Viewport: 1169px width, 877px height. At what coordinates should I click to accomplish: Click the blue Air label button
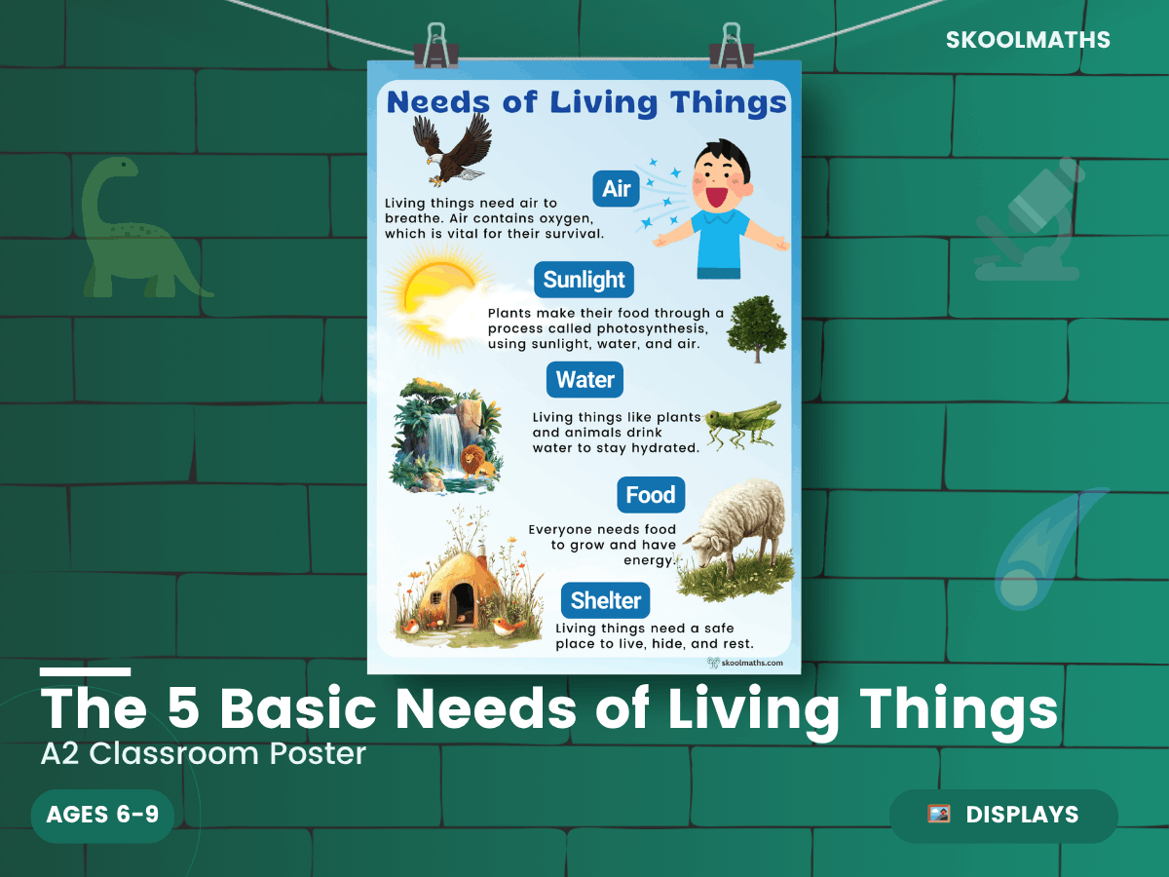click(616, 188)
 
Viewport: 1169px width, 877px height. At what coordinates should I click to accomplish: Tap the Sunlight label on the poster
click(584, 280)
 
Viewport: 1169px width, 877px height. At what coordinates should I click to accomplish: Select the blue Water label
click(584, 380)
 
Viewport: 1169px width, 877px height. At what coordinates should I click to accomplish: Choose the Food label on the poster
click(651, 495)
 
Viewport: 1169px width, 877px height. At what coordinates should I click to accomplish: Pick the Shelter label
click(606, 600)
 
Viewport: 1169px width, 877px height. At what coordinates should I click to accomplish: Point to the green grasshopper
click(743, 425)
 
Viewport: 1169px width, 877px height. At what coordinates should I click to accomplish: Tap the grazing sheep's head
click(702, 548)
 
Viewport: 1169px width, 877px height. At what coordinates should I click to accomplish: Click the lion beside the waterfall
click(476, 461)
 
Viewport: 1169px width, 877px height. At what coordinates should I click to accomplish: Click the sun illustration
click(437, 298)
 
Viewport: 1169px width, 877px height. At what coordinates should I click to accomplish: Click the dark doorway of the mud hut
click(462, 603)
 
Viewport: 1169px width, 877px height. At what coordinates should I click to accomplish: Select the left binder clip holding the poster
click(436, 47)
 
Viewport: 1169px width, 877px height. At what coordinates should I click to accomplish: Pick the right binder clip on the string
click(732, 47)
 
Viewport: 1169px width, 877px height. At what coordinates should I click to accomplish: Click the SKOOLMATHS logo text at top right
click(1028, 40)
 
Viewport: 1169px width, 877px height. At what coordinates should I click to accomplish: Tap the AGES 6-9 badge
click(103, 815)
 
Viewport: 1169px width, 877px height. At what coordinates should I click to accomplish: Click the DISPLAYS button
click(1003, 816)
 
